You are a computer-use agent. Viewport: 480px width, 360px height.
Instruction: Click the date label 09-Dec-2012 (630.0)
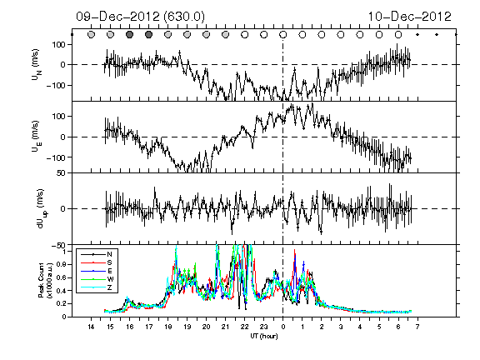coord(140,17)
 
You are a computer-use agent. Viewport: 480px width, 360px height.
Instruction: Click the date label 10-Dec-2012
coord(410,17)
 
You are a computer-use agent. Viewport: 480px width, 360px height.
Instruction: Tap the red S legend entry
coord(97,262)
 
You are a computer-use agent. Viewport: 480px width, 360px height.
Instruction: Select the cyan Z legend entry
coord(97,287)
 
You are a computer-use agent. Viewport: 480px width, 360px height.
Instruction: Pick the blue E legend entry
coord(97,271)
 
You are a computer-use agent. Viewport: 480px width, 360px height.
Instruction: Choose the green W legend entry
coord(97,279)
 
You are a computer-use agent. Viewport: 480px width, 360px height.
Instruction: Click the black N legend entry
coord(97,254)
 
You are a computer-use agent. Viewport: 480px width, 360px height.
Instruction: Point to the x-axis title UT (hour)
coord(264,336)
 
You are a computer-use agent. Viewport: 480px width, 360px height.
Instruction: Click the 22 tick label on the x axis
coord(244,327)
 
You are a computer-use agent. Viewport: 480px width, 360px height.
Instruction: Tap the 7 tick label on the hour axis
coord(417,327)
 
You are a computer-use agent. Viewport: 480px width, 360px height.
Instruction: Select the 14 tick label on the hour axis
coord(91,327)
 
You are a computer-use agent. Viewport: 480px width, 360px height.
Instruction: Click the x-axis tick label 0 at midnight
coord(282,327)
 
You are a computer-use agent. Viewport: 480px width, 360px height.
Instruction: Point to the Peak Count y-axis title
coord(45,281)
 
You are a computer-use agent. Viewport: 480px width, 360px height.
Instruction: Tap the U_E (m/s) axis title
coord(37,136)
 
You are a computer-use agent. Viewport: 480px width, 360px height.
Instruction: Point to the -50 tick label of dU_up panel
coord(58,245)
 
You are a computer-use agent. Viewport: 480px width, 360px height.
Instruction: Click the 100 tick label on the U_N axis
coord(59,44)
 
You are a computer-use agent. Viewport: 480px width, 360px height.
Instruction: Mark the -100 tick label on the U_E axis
coord(56,157)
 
